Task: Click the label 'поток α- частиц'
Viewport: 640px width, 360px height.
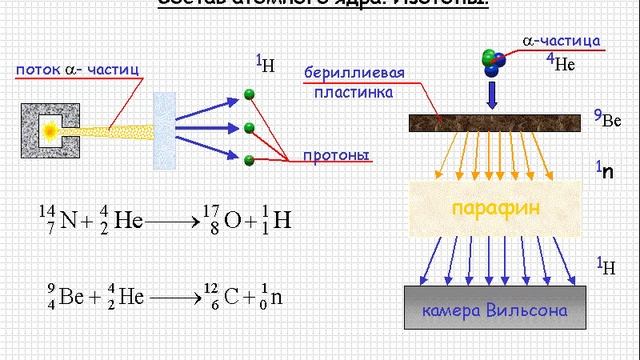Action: pos(76,70)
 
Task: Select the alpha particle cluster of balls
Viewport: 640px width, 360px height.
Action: pos(494,61)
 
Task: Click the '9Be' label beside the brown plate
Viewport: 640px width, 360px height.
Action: pos(608,120)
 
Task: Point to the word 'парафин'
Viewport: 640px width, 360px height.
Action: pos(497,207)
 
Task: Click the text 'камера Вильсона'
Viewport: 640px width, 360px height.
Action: pos(495,310)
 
